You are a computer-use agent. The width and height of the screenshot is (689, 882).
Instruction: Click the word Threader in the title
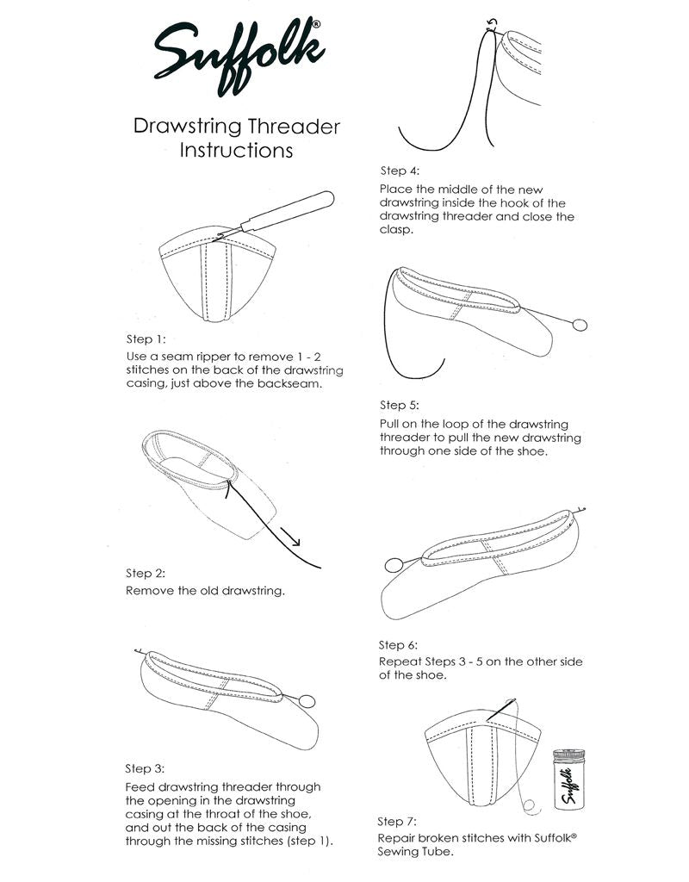click(x=294, y=127)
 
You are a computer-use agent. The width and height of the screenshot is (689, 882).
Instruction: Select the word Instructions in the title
click(x=236, y=150)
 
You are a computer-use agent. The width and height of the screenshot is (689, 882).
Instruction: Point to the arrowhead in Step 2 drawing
click(x=295, y=543)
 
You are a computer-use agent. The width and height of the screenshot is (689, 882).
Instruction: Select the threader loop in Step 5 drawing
click(x=580, y=325)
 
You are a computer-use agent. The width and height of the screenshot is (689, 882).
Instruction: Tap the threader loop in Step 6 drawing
click(x=394, y=565)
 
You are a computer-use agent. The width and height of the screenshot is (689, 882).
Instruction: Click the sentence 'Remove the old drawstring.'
click(x=205, y=592)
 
